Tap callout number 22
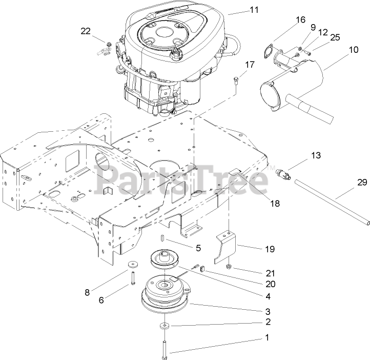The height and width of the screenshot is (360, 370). [85, 31]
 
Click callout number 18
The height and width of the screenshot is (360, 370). [275, 204]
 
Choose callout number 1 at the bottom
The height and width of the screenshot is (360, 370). [266, 338]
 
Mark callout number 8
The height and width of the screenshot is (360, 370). [88, 292]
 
